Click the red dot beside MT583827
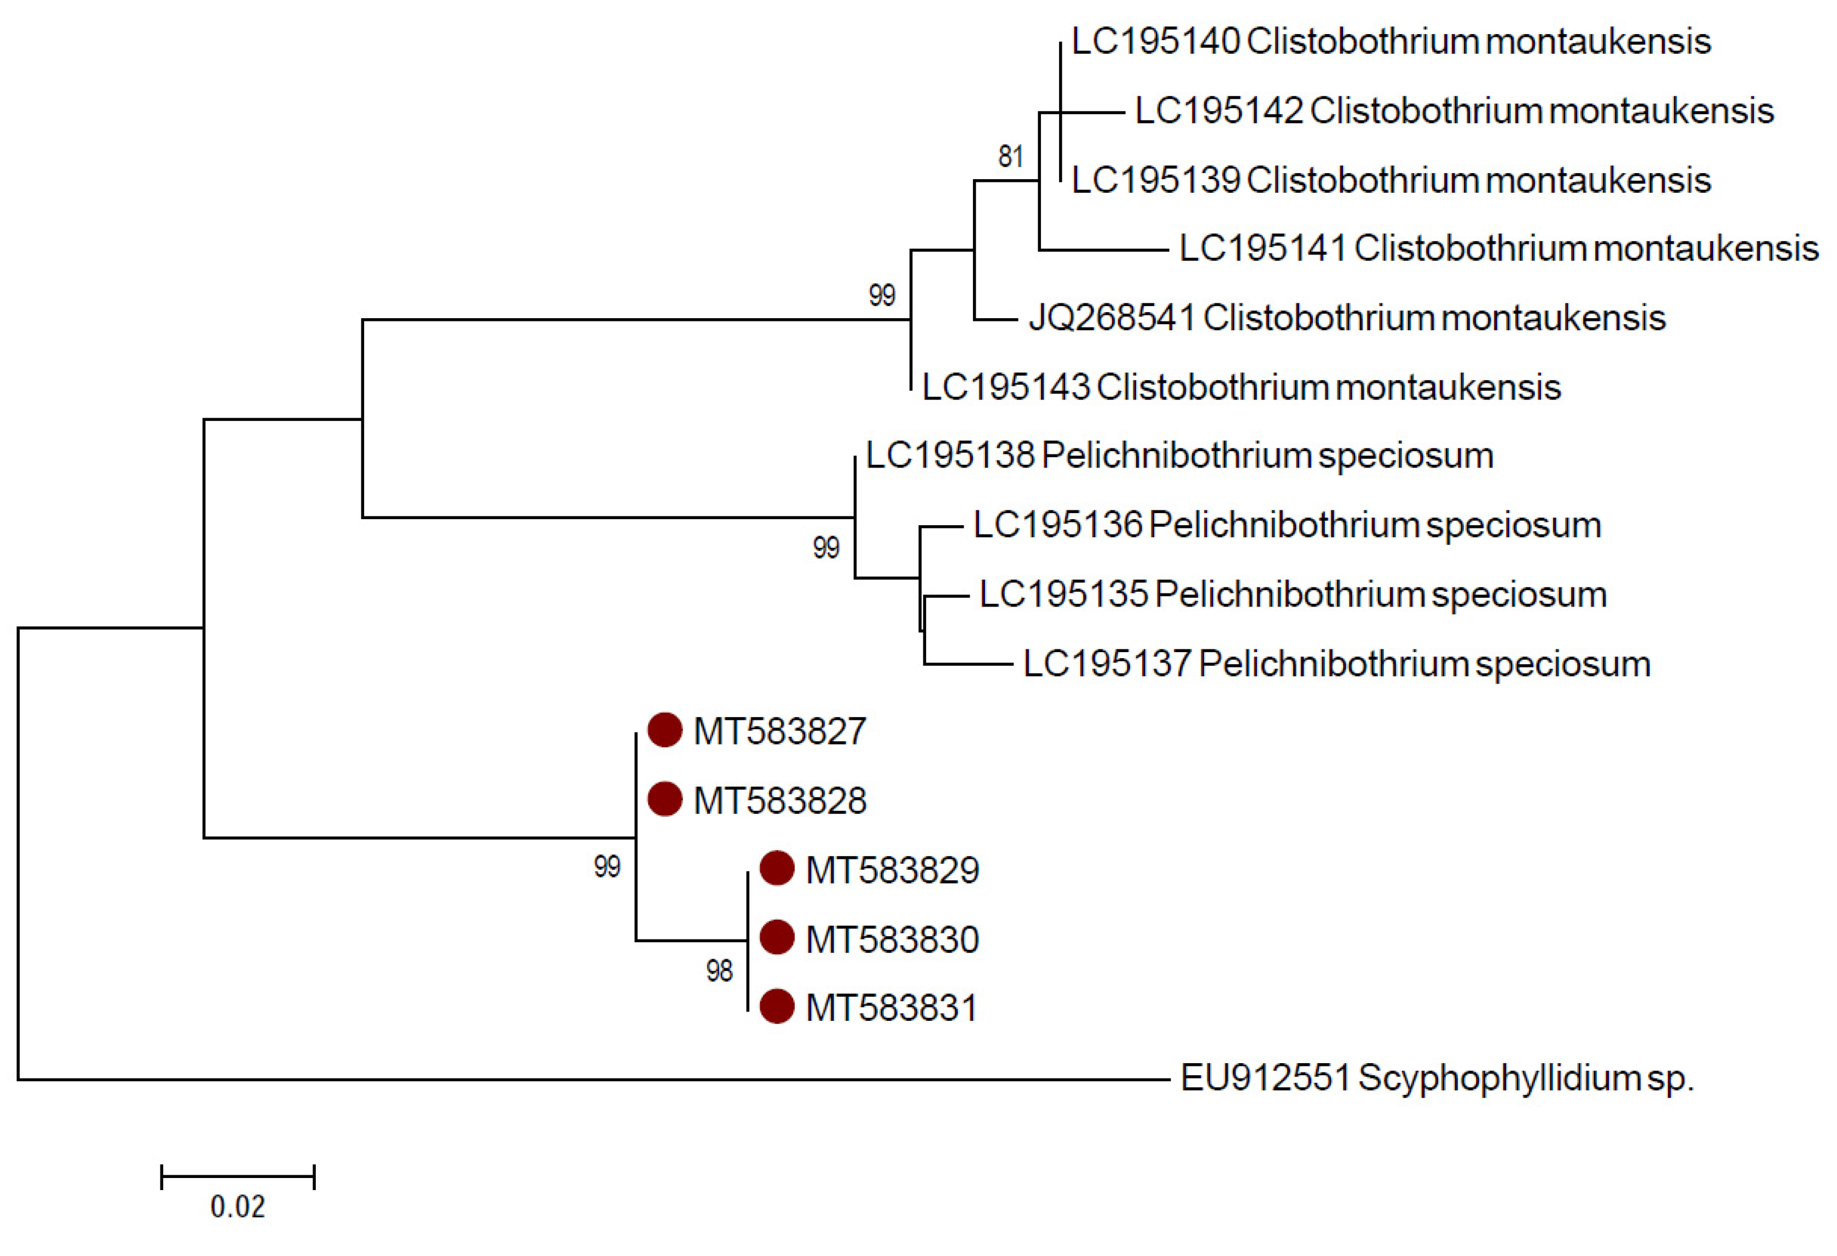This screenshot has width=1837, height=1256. coord(664,730)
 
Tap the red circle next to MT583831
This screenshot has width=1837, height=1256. coord(776,1007)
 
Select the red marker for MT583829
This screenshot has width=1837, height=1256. coord(776,869)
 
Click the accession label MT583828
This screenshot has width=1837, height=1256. coord(780,801)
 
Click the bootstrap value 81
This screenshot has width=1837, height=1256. coord(1010,157)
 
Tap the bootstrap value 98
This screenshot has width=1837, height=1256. coord(719,971)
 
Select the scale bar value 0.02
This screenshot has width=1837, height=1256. coord(237,1207)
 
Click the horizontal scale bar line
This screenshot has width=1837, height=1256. coord(237,1176)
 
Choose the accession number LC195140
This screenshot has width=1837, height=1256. coord(1155,41)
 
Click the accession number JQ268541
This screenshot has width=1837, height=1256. coord(1111,318)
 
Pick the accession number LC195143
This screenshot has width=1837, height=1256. coord(1005,387)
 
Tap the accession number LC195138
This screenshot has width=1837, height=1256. coord(949,455)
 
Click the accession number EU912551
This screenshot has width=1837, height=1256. coord(1265,1078)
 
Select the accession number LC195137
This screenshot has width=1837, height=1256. coord(1106,664)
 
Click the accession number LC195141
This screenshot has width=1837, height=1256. coord(1262,248)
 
